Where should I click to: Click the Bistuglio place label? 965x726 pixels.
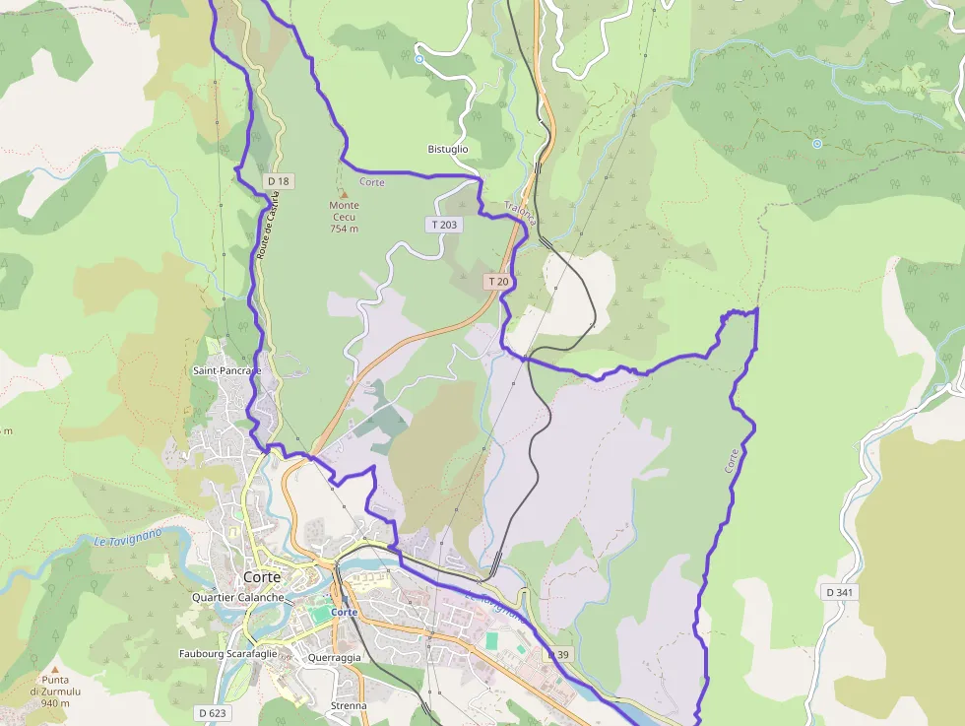click(448, 149)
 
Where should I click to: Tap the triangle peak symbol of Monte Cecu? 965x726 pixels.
click(344, 194)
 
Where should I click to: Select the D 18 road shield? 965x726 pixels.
click(279, 181)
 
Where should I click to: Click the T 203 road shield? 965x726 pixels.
click(444, 225)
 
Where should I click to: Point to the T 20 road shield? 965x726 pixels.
click(498, 282)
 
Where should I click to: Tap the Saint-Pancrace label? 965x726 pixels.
click(226, 370)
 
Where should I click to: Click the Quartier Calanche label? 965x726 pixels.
click(238, 597)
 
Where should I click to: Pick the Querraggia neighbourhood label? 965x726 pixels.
click(334, 657)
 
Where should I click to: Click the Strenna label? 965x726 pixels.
click(349, 705)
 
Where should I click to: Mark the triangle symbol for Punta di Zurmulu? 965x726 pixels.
click(56, 668)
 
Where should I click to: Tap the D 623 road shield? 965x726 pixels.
click(212, 712)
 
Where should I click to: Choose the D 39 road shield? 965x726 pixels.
click(558, 655)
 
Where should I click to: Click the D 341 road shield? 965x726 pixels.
click(838, 592)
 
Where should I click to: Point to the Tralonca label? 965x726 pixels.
click(520, 214)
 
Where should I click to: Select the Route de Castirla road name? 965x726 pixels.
click(263, 226)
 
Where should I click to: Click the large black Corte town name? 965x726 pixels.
click(262, 577)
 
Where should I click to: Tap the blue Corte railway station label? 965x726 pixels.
click(345, 612)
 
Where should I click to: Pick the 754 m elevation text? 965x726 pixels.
click(344, 229)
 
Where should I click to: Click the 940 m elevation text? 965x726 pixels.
click(49, 703)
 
